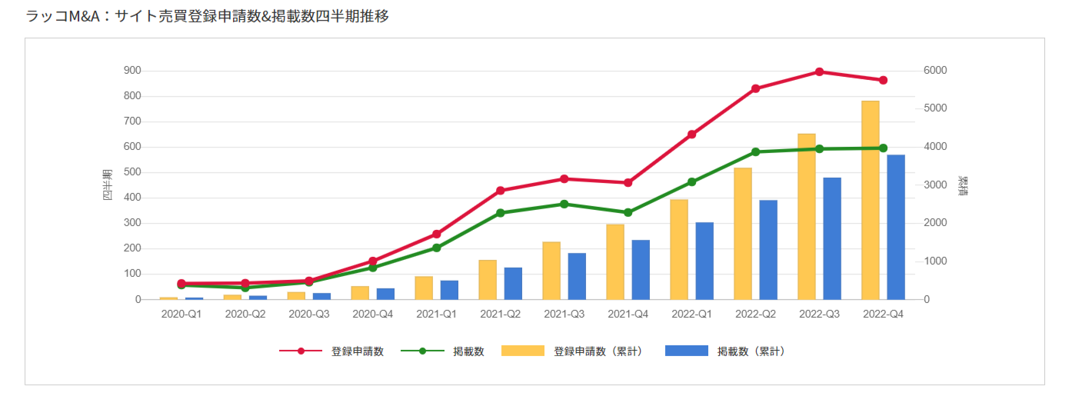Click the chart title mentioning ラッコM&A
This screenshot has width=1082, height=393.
tap(208, 15)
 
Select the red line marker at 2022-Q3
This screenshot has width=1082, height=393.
tap(819, 72)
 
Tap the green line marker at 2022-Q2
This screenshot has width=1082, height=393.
tap(755, 152)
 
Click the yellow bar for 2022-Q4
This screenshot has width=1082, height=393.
tap(871, 200)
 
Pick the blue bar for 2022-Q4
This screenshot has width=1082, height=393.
tap(896, 227)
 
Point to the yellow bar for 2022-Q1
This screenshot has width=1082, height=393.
tap(679, 249)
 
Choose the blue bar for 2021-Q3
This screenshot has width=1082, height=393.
tap(577, 276)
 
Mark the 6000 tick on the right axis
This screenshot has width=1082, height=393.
tap(936, 71)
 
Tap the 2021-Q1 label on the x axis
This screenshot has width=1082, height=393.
tap(436, 314)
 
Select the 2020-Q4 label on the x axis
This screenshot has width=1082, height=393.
tap(372, 314)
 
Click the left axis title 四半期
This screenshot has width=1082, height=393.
tap(108, 185)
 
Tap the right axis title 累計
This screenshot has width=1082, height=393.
tap(962, 185)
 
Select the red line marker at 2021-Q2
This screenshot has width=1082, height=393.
tap(500, 191)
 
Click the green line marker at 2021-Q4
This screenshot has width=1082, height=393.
tap(628, 212)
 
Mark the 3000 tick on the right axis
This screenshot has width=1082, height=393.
tap(936, 185)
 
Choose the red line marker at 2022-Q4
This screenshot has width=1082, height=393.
tap(883, 80)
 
